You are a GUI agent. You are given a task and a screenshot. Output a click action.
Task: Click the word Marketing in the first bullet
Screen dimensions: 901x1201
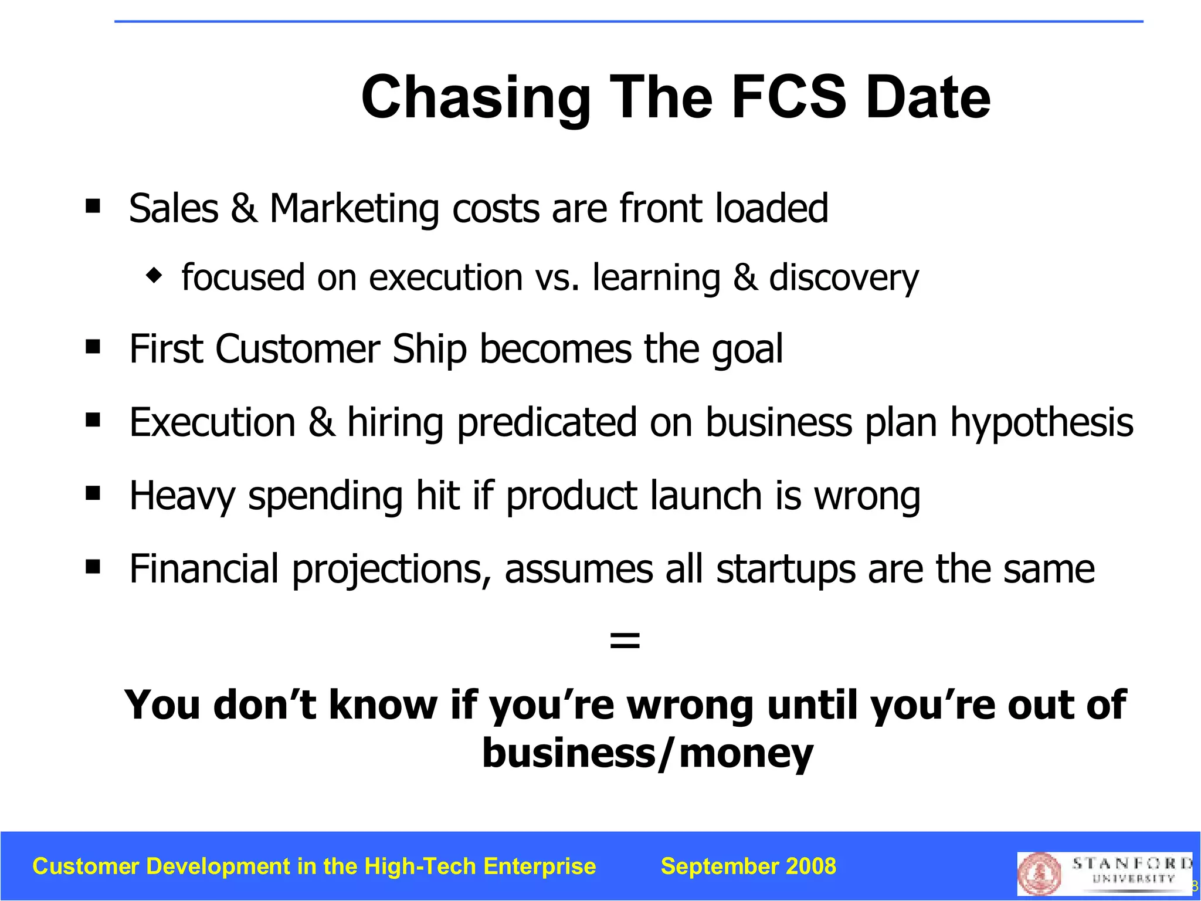(354, 209)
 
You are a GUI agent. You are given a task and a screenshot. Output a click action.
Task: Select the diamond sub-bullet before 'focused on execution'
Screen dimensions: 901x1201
(154, 275)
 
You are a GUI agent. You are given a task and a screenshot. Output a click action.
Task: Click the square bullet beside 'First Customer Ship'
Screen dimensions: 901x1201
(93, 346)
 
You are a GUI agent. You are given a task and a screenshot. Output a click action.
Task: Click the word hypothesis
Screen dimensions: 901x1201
(1041, 424)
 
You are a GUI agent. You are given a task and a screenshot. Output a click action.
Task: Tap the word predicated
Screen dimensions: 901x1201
(547, 424)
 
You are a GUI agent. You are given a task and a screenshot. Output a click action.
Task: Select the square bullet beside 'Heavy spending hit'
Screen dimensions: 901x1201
(93, 492)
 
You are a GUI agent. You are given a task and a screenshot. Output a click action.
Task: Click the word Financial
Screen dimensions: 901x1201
(203, 569)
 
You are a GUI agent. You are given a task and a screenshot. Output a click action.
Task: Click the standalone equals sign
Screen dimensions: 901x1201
(625, 640)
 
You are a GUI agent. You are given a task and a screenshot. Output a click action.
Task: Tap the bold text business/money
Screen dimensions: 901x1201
(647, 753)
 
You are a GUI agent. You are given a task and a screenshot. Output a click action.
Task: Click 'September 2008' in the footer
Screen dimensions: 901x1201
(748, 866)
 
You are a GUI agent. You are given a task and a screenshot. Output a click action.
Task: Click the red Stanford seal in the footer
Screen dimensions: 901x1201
(1040, 873)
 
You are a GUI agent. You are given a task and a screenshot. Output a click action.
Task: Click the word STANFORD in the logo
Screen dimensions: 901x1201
(1131, 863)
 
